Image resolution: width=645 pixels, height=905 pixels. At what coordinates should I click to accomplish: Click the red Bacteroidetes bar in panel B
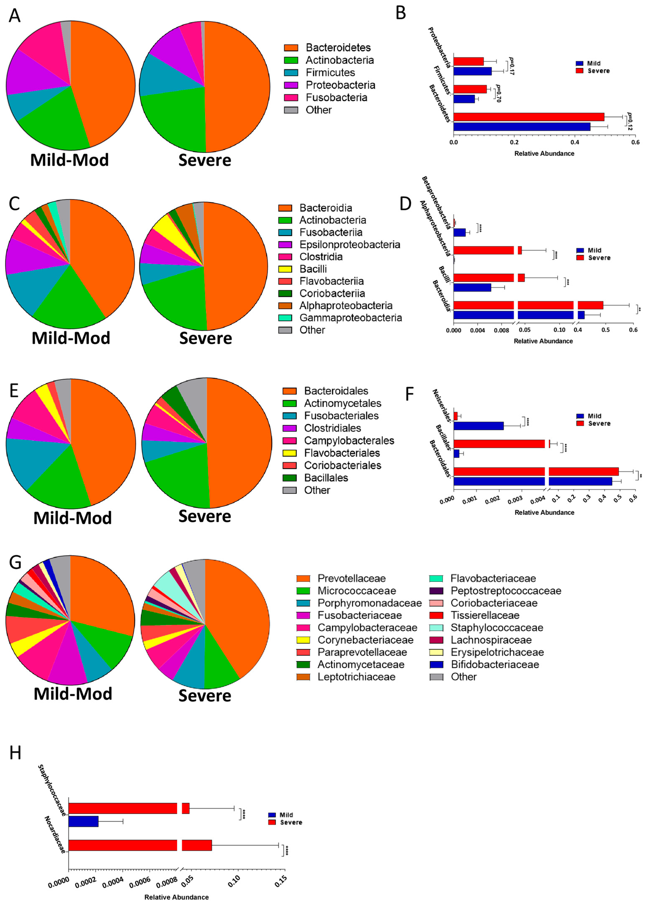tap(528, 117)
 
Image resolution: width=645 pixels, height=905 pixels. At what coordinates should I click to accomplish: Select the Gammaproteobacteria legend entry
tap(350, 318)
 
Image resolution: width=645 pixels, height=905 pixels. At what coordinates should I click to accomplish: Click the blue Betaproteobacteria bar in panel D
tap(460, 232)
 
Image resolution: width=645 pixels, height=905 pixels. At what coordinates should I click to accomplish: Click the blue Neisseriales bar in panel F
tap(479, 426)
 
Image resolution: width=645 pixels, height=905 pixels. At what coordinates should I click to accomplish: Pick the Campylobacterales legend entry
tap(349, 441)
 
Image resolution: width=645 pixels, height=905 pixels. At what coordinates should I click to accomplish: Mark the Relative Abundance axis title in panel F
tap(544, 512)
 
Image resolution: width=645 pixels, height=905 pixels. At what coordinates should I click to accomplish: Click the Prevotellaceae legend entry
tap(351, 578)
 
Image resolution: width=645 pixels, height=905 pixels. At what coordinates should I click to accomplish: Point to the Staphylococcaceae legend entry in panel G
tap(496, 628)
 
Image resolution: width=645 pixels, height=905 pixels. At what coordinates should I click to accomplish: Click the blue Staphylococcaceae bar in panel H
tap(84, 821)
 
